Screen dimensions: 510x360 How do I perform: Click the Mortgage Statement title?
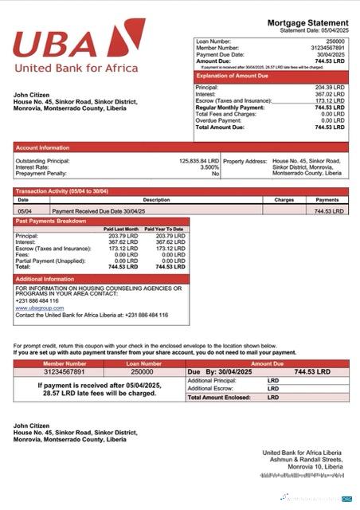307,22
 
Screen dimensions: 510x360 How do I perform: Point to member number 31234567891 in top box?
327,48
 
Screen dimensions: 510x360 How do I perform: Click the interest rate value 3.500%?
209,167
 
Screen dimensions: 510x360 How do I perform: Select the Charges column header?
284,200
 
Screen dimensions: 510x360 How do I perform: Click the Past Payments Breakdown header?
52,220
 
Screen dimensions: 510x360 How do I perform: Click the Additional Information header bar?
45,279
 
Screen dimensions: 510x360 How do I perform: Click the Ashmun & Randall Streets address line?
307,460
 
